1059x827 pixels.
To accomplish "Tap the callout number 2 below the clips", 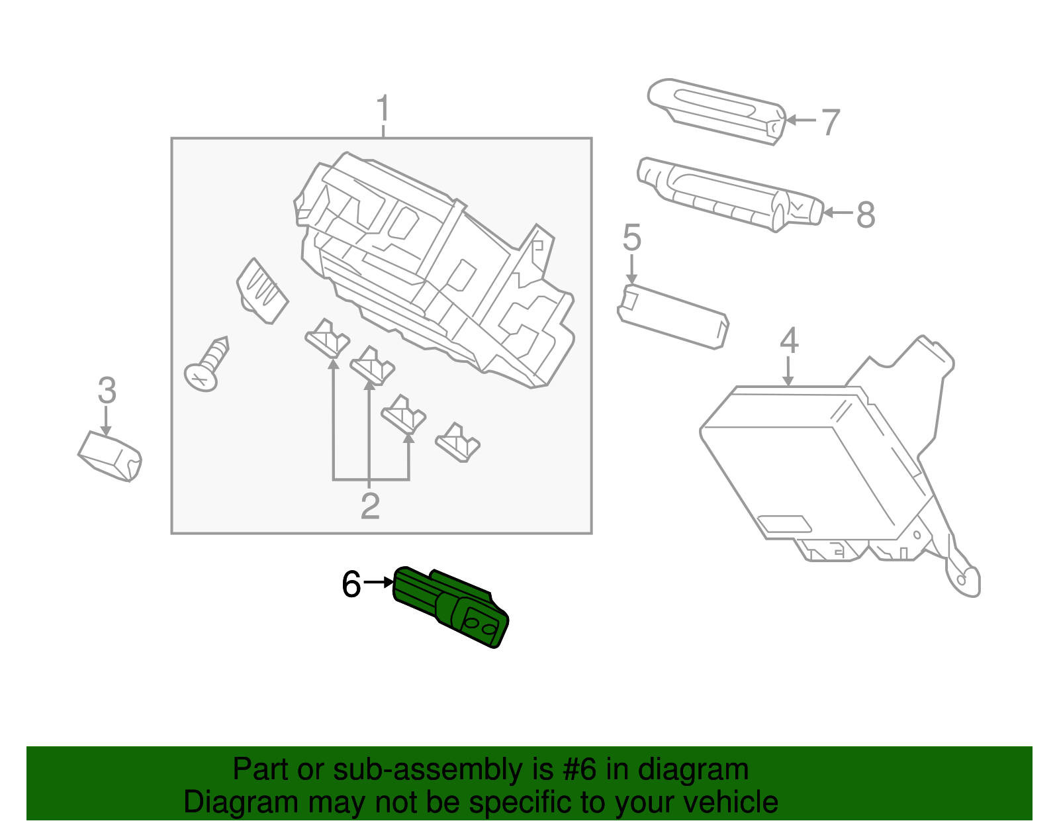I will coord(370,507).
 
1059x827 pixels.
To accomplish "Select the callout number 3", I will coord(107,390).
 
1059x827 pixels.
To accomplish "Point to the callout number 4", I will coord(788,340).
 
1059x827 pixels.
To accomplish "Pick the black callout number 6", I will coord(351,584).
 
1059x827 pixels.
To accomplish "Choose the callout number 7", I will coord(830,122).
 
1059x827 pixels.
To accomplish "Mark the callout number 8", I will coord(865,215).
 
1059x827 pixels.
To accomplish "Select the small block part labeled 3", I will coord(110,456).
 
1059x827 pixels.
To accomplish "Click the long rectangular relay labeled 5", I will coord(673,316).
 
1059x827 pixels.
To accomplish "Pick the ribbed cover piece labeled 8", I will coord(728,193).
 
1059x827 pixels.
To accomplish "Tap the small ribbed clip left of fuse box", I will coord(261,291).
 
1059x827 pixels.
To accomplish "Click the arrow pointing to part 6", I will coord(379,582).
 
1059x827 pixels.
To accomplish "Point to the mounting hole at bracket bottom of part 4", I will coord(962,580).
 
